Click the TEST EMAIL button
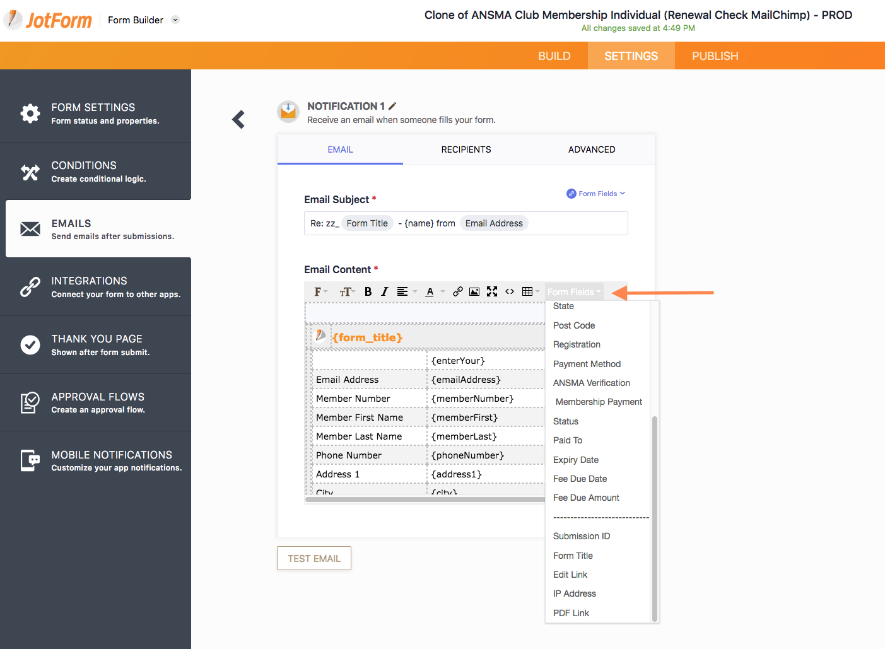click(314, 558)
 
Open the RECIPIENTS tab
click(466, 149)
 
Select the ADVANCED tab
click(592, 149)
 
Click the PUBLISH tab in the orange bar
click(715, 56)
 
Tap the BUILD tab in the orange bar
click(554, 56)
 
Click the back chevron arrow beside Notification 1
click(238, 119)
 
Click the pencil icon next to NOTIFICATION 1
click(392, 106)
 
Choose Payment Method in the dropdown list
click(587, 364)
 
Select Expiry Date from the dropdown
click(576, 459)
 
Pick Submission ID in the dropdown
click(581, 536)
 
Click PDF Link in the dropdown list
click(571, 612)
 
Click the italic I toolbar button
click(384, 291)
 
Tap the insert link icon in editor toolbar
click(457, 291)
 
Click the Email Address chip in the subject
click(494, 223)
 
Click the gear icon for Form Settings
click(30, 114)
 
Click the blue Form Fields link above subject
click(596, 194)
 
